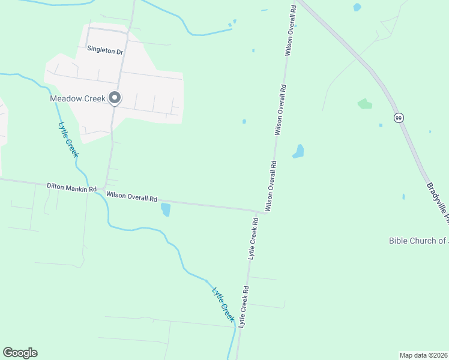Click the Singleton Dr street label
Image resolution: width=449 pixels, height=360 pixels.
coord(104,52)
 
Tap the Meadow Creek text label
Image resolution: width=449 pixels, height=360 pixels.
coord(77,98)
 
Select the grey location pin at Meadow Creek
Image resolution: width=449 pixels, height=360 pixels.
coord(114,98)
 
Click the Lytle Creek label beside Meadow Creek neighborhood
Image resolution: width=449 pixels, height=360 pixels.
coord(68,140)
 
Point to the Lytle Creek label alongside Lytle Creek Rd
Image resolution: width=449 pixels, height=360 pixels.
coord(222,304)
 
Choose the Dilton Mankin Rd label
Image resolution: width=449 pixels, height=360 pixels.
coord(71,188)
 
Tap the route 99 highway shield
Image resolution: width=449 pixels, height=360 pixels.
coord(399,118)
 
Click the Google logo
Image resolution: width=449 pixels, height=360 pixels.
coord(20,353)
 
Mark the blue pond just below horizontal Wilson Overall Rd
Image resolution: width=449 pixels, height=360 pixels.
coord(166,209)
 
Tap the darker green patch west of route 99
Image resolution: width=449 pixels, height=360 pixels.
coord(364,104)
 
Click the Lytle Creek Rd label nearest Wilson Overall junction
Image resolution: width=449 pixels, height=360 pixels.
coord(253,238)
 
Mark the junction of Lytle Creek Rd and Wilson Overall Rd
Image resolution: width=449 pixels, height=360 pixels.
coord(259,211)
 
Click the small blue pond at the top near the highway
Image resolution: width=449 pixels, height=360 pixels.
coord(358,7)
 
